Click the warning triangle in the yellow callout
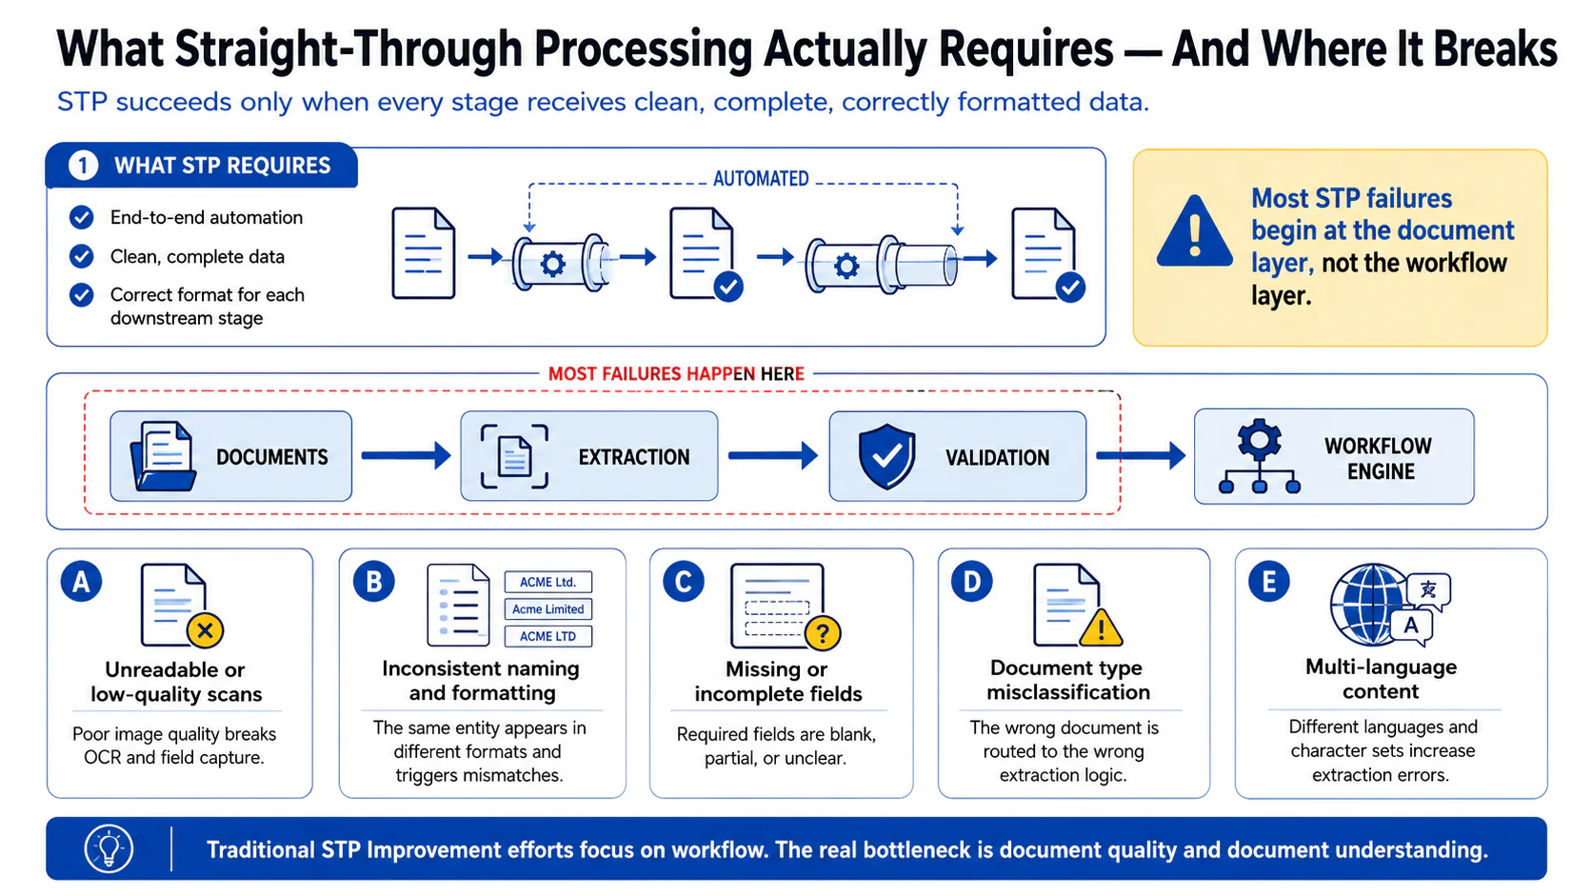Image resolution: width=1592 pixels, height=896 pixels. (1194, 232)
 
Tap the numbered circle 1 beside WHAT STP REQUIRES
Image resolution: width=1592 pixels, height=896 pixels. (83, 166)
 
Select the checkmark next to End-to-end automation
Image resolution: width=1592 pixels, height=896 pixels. (82, 217)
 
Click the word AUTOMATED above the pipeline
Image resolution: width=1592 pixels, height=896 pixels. (761, 178)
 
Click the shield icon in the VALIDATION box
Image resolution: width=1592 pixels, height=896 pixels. (886, 457)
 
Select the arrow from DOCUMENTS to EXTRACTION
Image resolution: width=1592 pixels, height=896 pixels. (406, 455)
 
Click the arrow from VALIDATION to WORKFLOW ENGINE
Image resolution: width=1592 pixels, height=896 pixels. (1141, 455)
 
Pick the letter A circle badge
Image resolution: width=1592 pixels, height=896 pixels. (81, 582)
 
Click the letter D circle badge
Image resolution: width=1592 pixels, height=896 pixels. (971, 582)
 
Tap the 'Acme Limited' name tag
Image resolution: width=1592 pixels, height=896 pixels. (547, 609)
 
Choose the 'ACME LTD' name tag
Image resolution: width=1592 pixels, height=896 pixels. (547, 636)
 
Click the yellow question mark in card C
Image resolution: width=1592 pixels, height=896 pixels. (823, 632)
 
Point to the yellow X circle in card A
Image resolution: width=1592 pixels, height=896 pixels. (206, 630)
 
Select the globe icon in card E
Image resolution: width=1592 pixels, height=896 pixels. (1369, 605)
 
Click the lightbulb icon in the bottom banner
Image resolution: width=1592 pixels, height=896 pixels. (109, 848)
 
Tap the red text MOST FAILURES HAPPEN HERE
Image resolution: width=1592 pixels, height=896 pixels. (676, 374)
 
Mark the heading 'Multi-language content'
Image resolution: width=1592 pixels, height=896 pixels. (1381, 679)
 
